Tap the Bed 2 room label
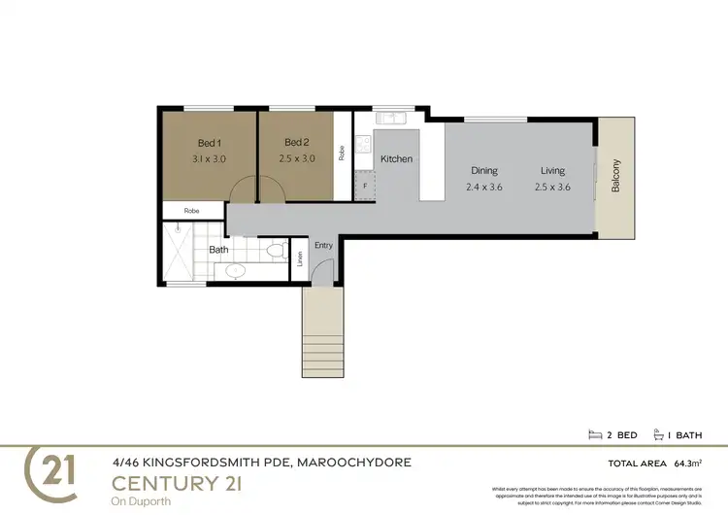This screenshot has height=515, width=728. click(x=297, y=143)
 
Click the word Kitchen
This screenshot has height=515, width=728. click(x=396, y=158)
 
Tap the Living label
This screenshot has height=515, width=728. click(x=553, y=171)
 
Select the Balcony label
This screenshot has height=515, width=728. click(x=615, y=175)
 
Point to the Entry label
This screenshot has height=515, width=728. click(x=323, y=246)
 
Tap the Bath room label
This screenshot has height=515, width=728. click(x=218, y=250)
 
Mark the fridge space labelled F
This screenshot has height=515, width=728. click(x=364, y=185)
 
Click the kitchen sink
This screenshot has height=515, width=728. click(x=393, y=119)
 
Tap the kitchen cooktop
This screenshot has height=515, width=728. click(x=364, y=145)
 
